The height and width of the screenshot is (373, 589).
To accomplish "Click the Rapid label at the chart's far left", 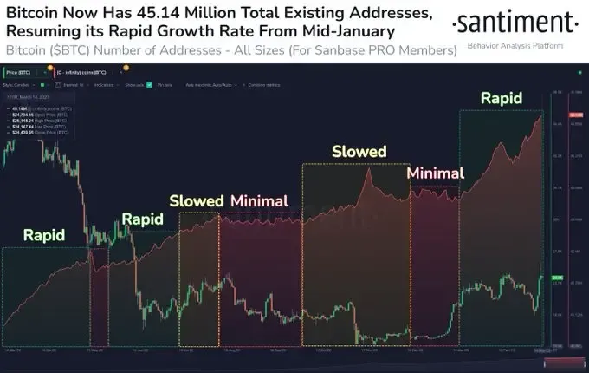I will [x=44, y=234].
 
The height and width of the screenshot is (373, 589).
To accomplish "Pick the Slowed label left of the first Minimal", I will [x=197, y=200].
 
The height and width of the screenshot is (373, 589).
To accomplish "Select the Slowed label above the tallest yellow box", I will [x=359, y=151].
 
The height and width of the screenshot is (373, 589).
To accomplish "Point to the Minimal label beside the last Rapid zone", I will [x=436, y=172].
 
